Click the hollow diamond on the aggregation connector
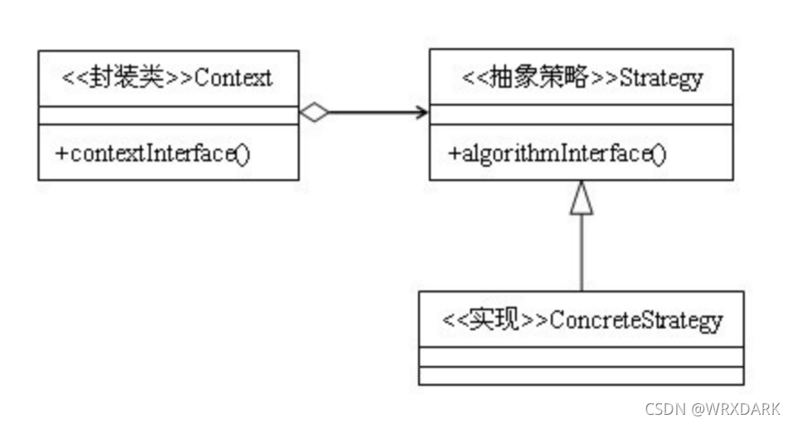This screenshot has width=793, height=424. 314,114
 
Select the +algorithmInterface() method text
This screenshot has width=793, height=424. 557,154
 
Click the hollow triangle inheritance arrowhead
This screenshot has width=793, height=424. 581,199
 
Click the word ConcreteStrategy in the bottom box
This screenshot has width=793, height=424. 635,320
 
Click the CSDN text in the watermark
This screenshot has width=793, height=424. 663,408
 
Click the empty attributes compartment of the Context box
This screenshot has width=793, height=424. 168,115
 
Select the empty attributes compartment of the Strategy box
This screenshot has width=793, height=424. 580,115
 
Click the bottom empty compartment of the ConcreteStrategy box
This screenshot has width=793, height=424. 581,376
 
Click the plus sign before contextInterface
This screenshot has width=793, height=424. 61,154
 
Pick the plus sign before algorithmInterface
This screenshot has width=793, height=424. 453,154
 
